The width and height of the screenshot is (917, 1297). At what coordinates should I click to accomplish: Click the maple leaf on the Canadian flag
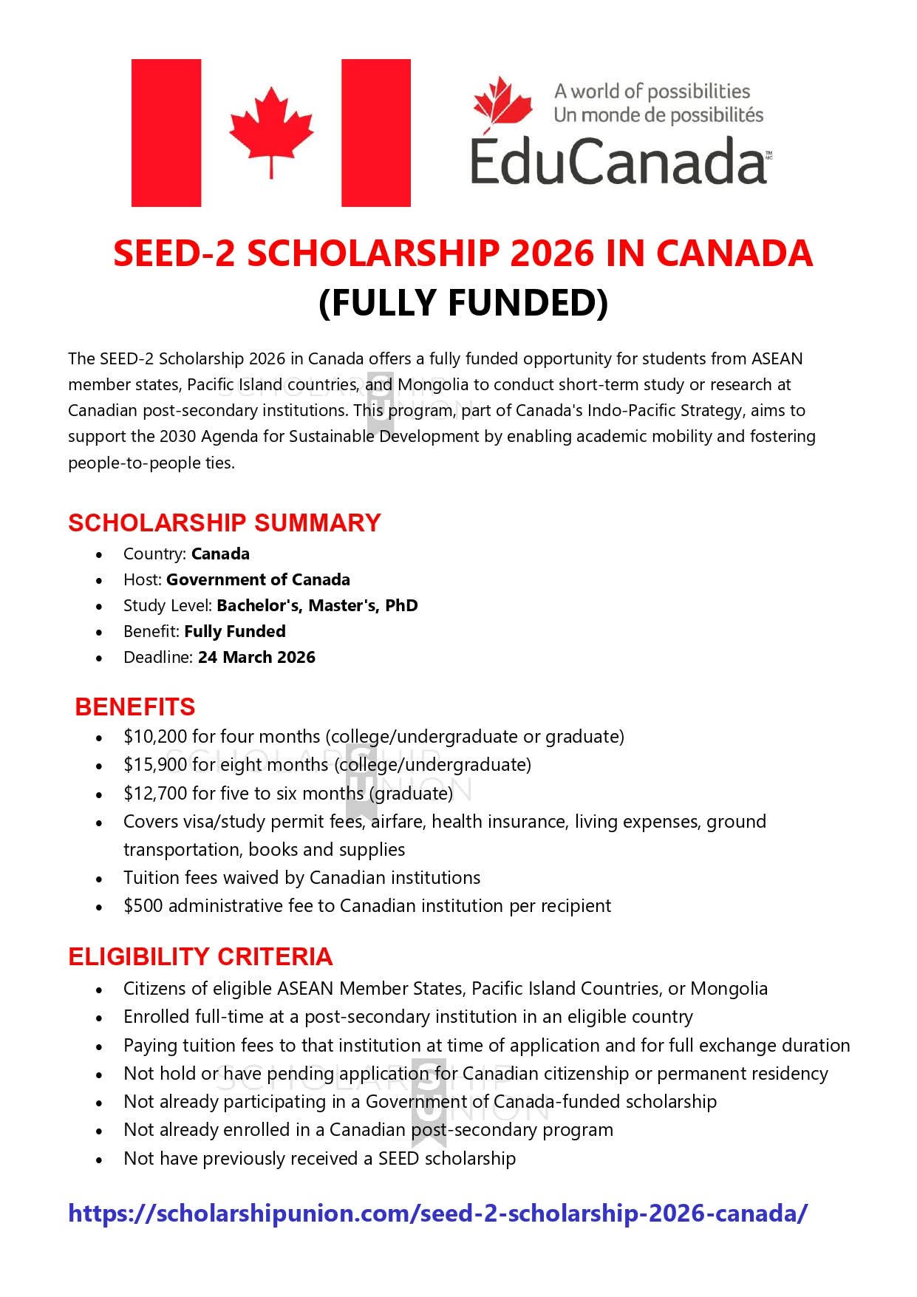click(271, 129)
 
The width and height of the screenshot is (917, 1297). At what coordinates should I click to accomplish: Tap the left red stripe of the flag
click(166, 132)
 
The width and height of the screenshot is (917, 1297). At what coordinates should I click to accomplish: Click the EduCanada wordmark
click(618, 161)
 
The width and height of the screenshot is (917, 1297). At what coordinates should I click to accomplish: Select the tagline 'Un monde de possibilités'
click(658, 115)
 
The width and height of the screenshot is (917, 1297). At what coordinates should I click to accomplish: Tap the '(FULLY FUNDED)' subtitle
click(463, 302)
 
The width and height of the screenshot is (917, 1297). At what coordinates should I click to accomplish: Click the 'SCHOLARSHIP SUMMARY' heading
click(225, 522)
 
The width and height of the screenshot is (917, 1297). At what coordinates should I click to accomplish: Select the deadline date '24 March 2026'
click(256, 657)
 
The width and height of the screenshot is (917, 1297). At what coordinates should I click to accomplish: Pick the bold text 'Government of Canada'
click(258, 579)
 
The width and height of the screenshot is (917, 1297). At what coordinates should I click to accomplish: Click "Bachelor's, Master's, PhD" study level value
click(317, 605)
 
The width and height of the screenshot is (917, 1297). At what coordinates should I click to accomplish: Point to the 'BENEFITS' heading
click(135, 707)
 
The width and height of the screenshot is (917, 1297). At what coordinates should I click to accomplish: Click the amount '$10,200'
click(154, 736)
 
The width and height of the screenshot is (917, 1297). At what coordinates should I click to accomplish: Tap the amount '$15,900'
click(154, 764)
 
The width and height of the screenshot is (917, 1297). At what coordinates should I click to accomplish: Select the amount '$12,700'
click(154, 793)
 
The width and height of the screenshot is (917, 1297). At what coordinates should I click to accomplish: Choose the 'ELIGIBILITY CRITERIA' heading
click(200, 956)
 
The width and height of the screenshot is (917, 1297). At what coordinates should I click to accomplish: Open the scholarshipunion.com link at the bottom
click(437, 1213)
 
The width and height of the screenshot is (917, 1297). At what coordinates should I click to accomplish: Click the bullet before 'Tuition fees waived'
click(99, 879)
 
